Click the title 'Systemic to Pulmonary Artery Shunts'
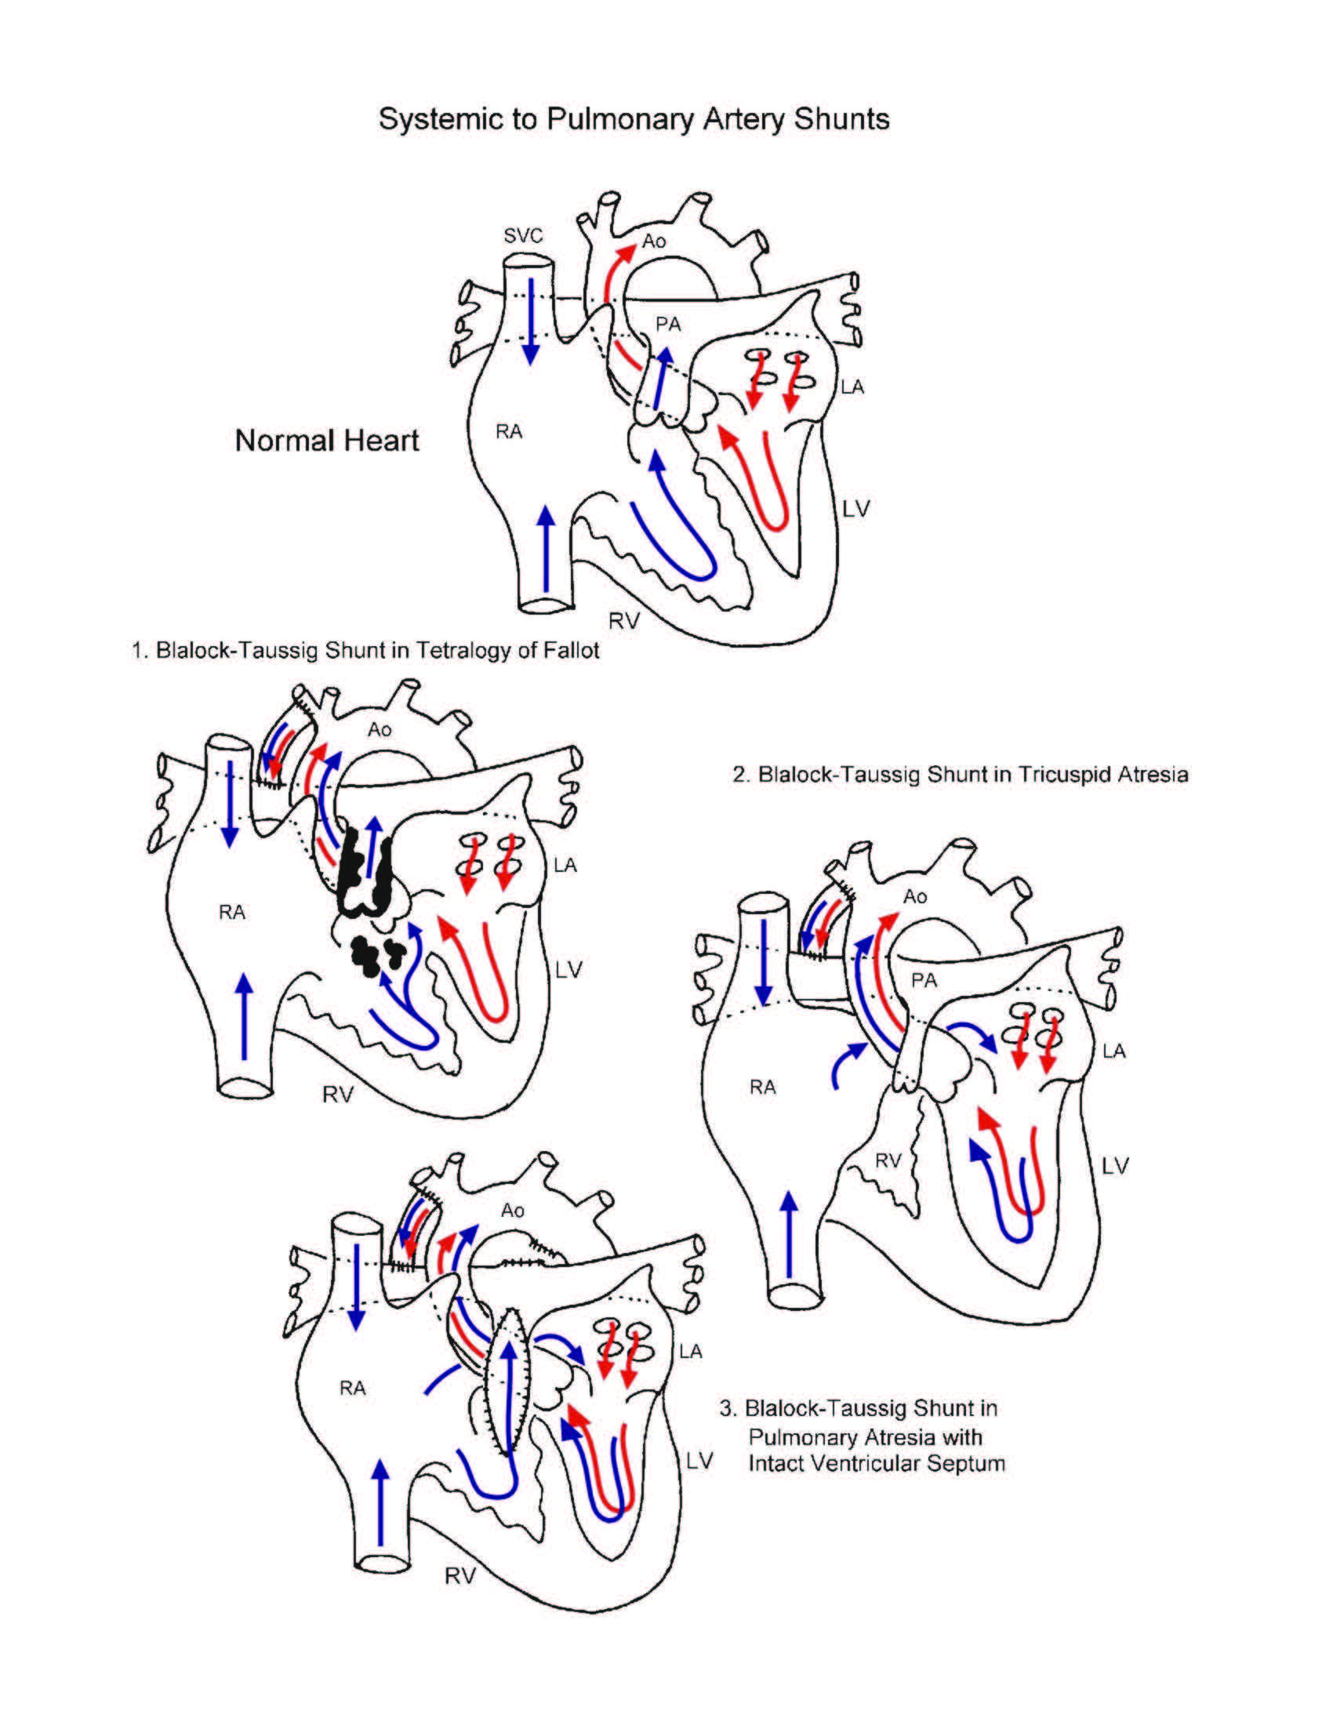(x=634, y=119)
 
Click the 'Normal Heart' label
(x=327, y=441)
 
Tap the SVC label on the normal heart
(x=523, y=235)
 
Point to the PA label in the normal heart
(x=668, y=324)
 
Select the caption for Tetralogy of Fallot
(x=365, y=651)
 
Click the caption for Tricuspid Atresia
(x=960, y=774)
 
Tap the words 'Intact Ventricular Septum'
(x=877, y=1464)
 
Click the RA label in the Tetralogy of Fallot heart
(x=232, y=913)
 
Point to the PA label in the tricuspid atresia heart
(x=924, y=981)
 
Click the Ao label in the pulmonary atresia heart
(x=513, y=1211)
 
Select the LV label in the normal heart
(x=855, y=510)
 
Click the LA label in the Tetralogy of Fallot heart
(x=565, y=866)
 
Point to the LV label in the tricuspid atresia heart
(x=1115, y=1166)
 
